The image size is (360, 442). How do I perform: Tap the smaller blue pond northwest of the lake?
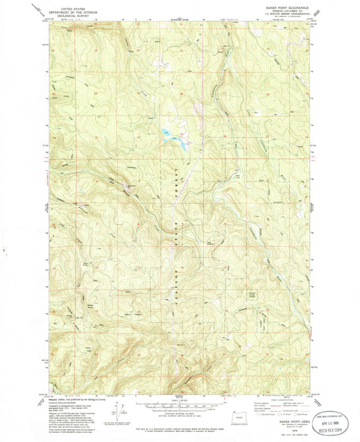point(165,132)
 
